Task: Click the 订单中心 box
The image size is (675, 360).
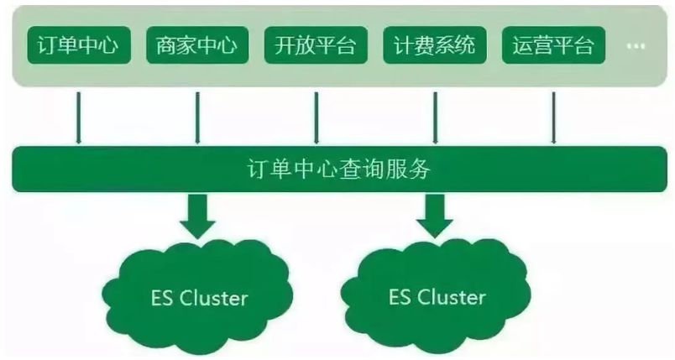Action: (x=79, y=46)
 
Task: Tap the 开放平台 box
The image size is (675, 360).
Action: (x=316, y=46)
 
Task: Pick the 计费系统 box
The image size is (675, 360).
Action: (x=434, y=46)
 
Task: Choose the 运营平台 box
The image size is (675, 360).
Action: (x=552, y=46)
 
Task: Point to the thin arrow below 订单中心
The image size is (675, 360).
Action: (x=79, y=117)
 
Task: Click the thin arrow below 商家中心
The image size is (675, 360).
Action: (x=197, y=117)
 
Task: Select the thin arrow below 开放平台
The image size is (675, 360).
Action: (x=316, y=117)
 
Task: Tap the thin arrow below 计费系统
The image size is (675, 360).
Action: (x=434, y=117)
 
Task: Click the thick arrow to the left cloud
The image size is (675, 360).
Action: (x=197, y=213)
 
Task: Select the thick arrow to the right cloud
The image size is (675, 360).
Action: (x=435, y=213)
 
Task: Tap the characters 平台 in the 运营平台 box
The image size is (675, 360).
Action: (x=573, y=46)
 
